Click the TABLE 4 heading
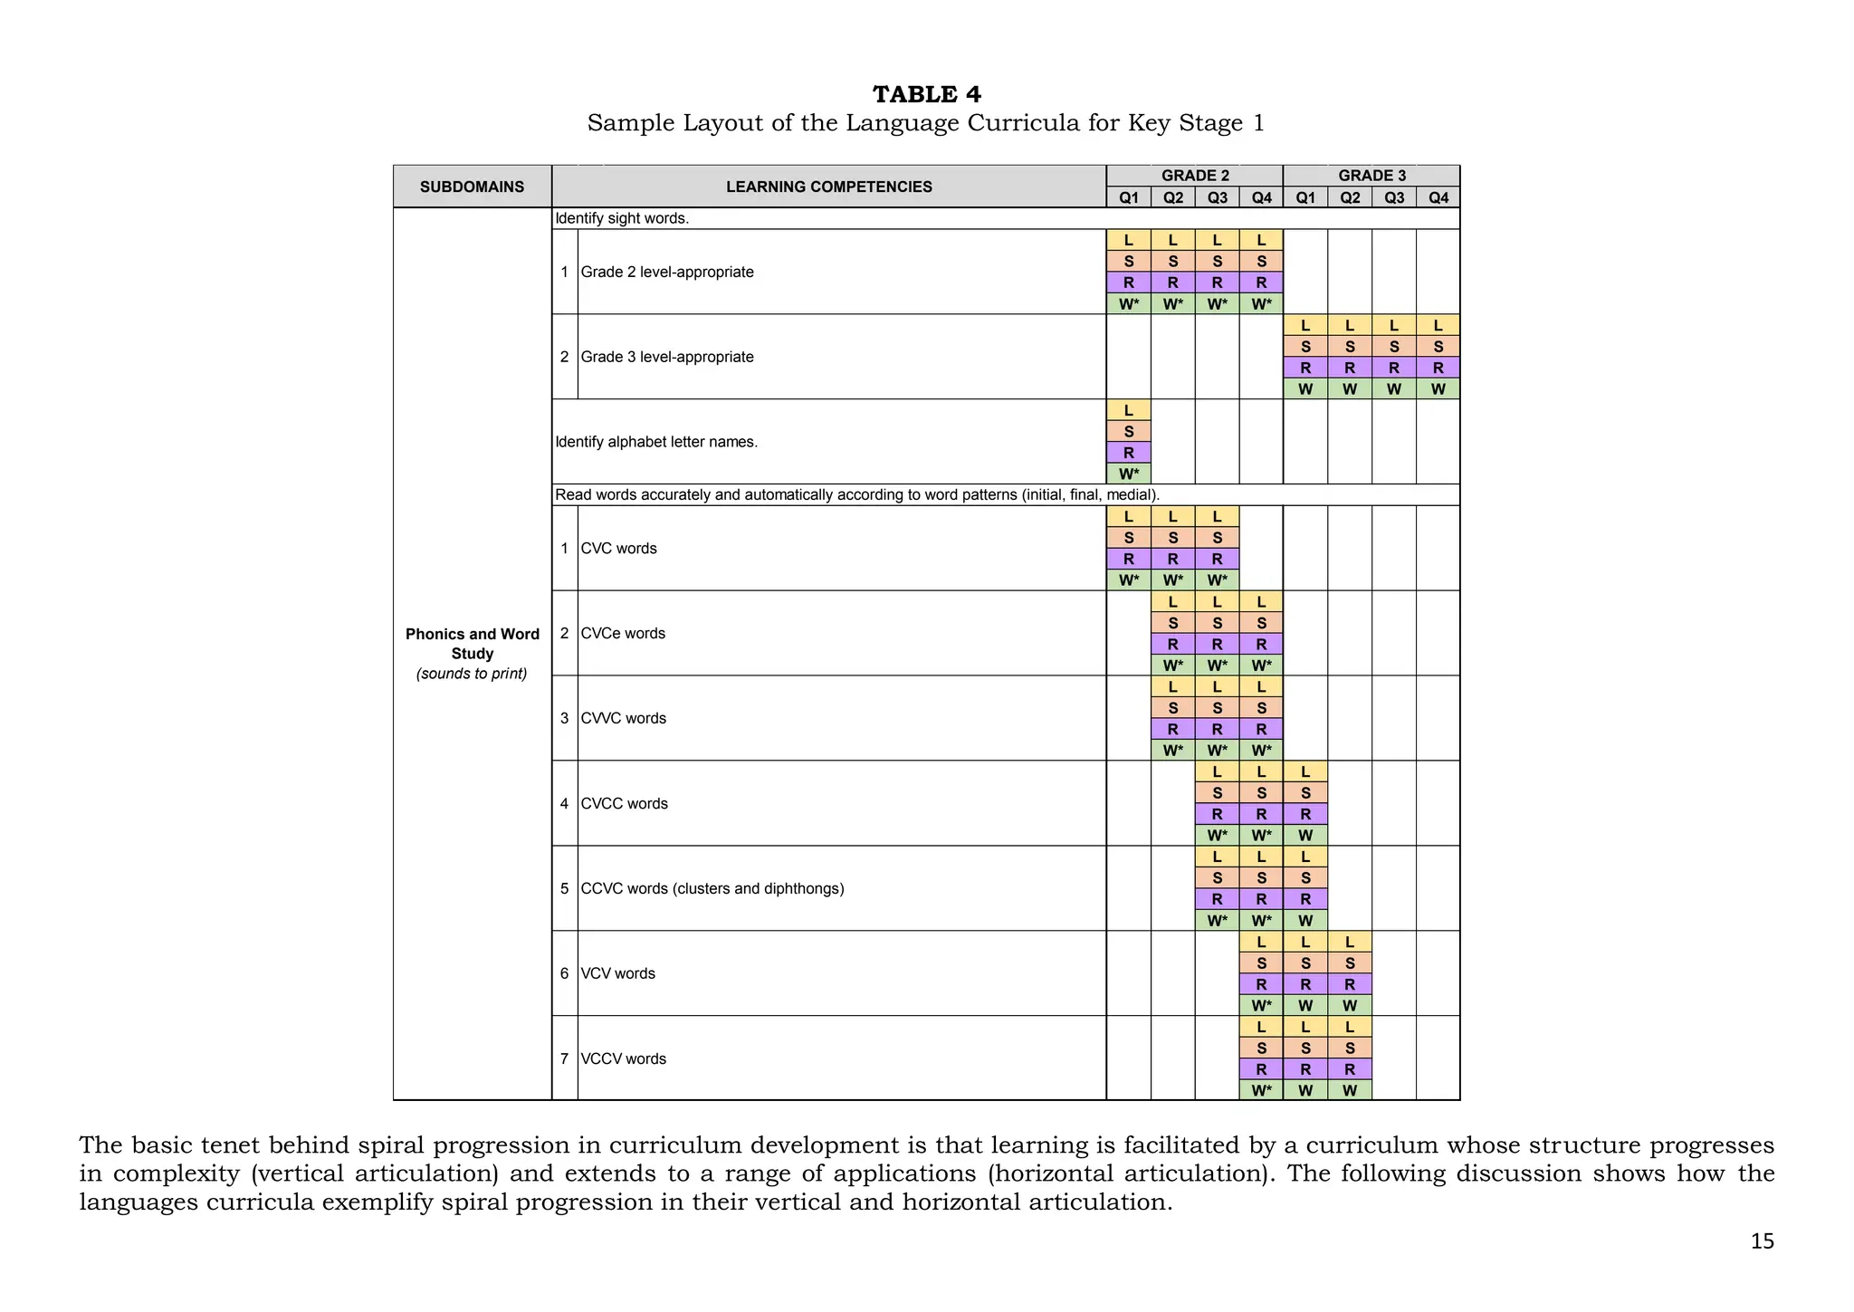926,94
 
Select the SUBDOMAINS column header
472,187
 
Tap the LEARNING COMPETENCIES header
828,187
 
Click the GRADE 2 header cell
1194,176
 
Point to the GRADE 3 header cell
1371,176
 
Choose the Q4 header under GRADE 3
1438,197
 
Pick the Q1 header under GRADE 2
1128,197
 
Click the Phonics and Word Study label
472,644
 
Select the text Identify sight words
622,218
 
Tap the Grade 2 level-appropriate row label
667,272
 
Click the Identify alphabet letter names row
656,442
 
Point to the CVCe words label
623,633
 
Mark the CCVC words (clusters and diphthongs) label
712,888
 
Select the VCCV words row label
623,1058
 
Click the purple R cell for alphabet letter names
1128,453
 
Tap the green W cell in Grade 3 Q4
1438,389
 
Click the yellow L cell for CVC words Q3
1217,516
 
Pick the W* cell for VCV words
1261,1005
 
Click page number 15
1762,1241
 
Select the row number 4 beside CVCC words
564,803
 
